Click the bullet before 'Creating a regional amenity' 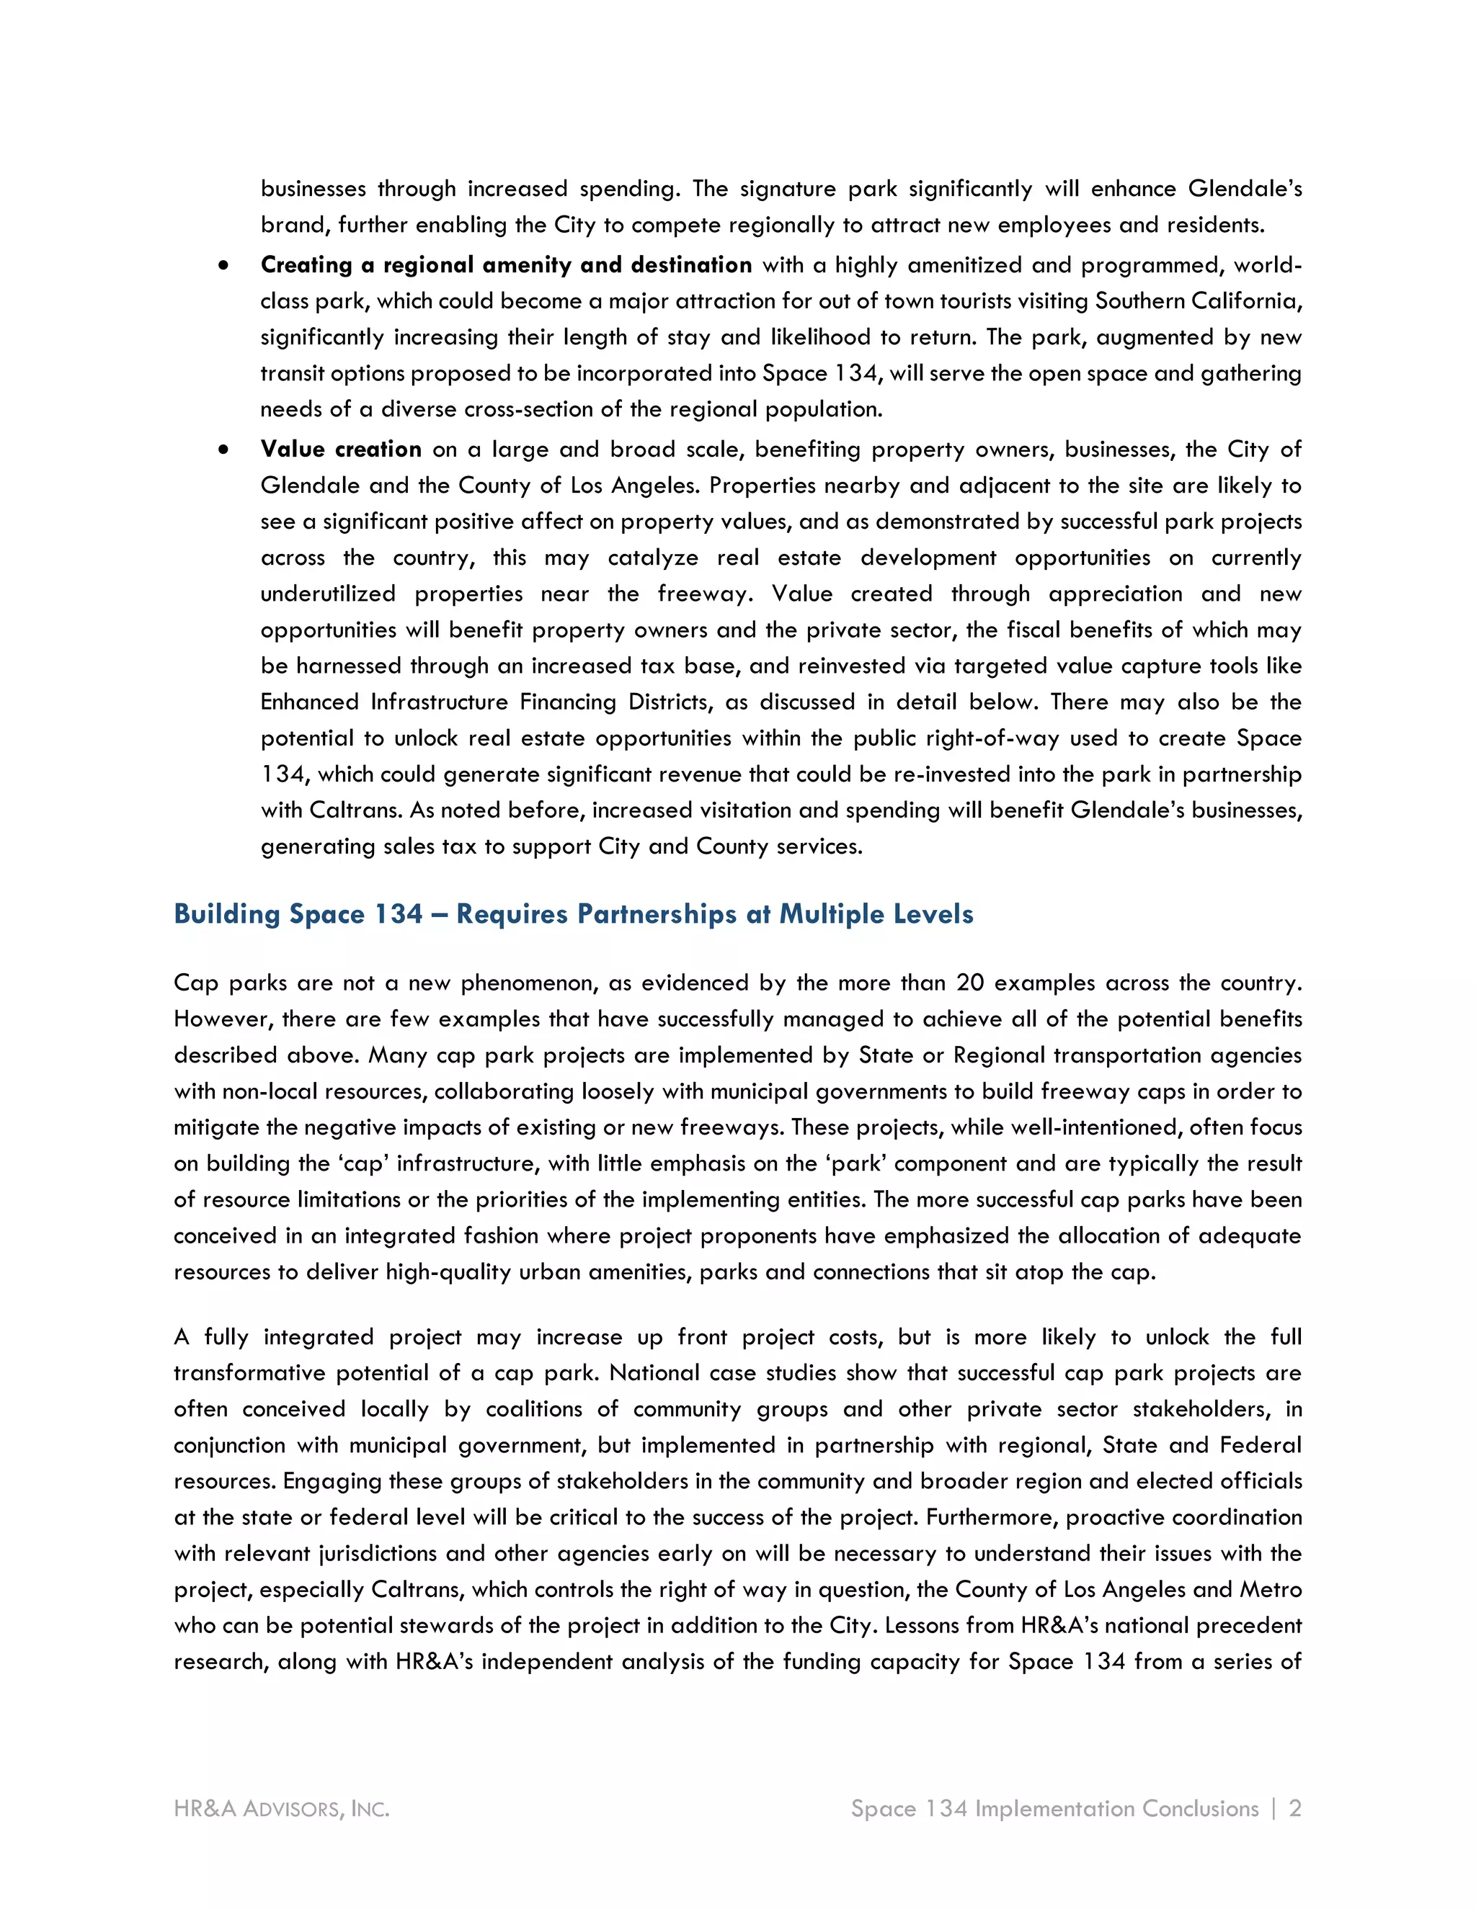pos(225,266)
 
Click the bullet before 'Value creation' pos(225,450)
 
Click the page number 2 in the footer pos(1295,1808)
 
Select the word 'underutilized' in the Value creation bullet pos(328,594)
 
